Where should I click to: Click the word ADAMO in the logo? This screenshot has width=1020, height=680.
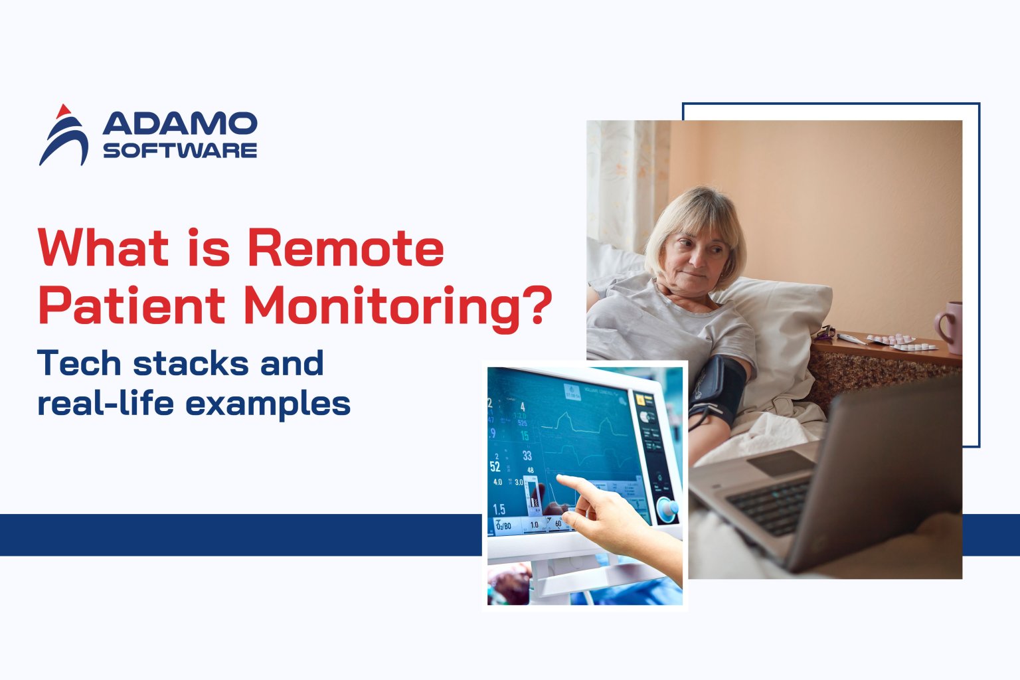click(x=180, y=124)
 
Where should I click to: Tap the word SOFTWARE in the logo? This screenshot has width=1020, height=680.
click(x=180, y=150)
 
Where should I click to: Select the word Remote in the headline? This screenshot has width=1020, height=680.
click(x=345, y=248)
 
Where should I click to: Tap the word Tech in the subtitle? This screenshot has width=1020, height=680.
click(x=79, y=363)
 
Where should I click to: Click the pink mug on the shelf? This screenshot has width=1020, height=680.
click(x=950, y=326)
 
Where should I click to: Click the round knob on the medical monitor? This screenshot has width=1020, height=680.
click(x=667, y=509)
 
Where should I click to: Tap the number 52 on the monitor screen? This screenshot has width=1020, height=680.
click(x=495, y=466)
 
